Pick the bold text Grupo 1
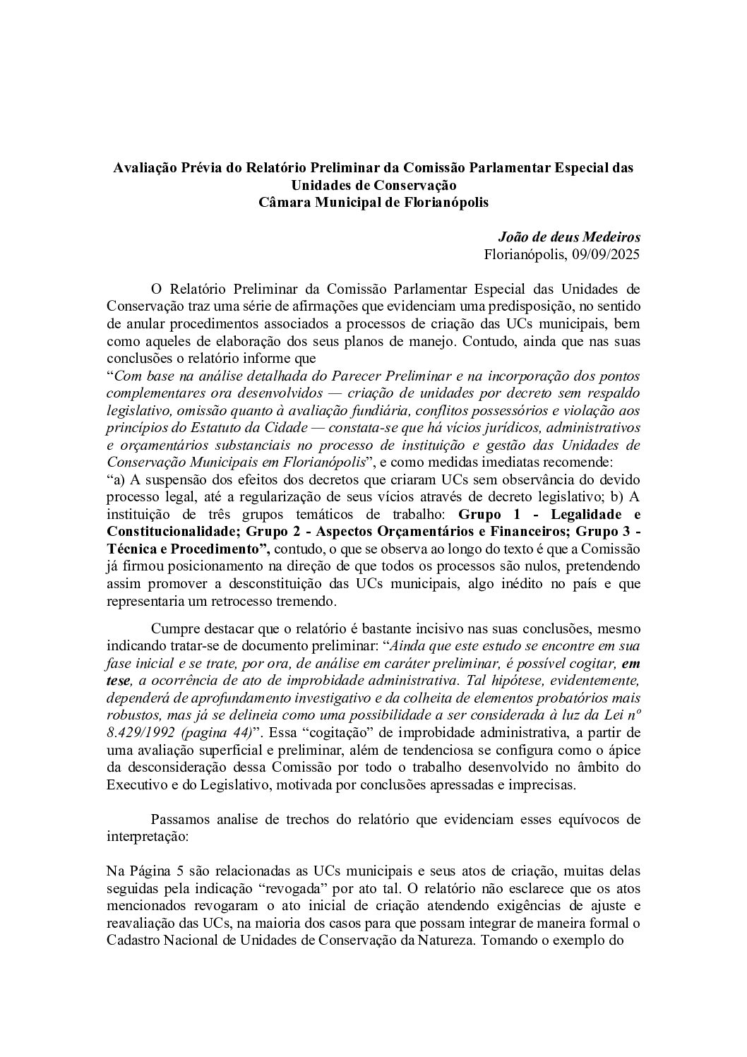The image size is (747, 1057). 485,513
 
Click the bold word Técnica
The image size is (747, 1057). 131,547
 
